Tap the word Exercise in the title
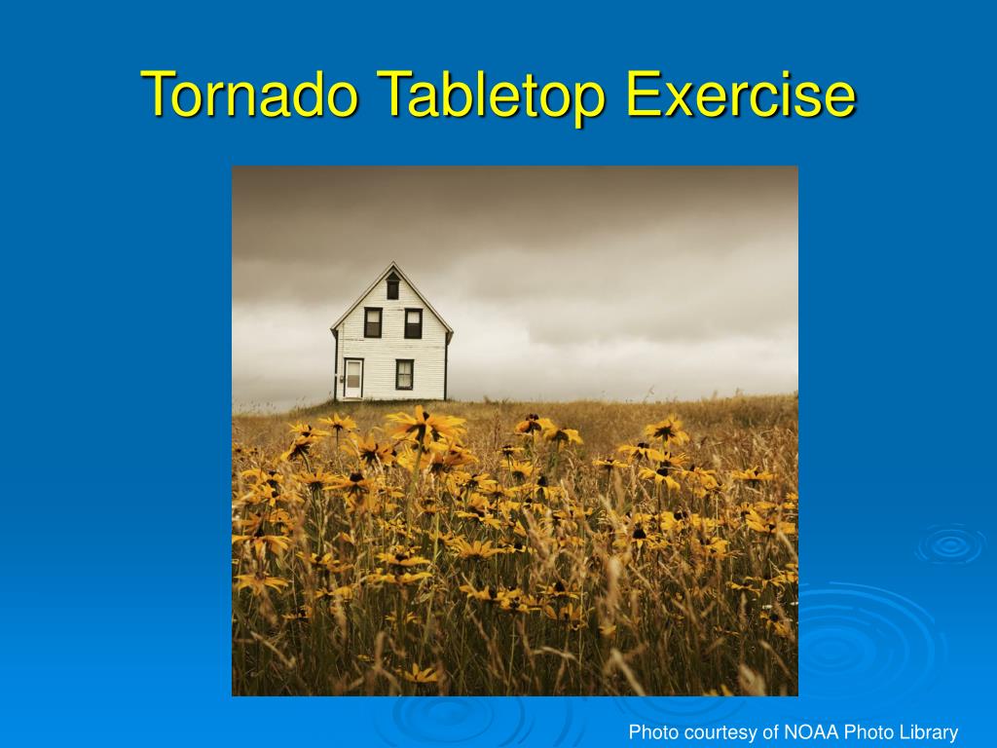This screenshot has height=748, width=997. tap(741, 94)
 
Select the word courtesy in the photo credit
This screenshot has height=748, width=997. tap(715, 732)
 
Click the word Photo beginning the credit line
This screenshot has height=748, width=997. tap(650, 732)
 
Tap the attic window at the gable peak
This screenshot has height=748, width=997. tap(392, 287)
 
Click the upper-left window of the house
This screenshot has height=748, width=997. tap(373, 322)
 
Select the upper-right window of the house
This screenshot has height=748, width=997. tap(413, 322)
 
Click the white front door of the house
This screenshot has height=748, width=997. tap(353, 378)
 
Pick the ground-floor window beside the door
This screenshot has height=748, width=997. tap(404, 374)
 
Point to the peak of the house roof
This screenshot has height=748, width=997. tap(392, 264)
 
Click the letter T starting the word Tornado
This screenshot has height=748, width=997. tap(157, 94)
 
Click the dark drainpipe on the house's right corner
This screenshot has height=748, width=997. tap(447, 365)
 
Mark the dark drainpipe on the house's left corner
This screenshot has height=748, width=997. tap(336, 365)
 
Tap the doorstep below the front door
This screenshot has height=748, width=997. tap(352, 398)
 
